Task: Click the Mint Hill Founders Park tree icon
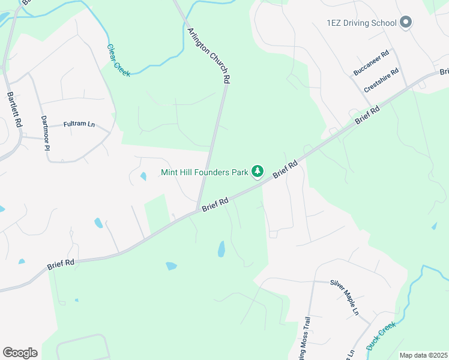pyautogui.click(x=258, y=172)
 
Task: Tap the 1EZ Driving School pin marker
pyautogui.click(x=405, y=23)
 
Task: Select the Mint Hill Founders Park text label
pyautogui.click(x=205, y=172)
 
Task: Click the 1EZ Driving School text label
pyautogui.click(x=361, y=23)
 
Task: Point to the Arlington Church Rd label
pyautogui.click(x=209, y=55)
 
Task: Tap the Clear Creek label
pyautogui.click(x=118, y=60)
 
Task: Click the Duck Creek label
pyautogui.click(x=381, y=336)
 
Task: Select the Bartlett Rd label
pyautogui.click(x=14, y=109)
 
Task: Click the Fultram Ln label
pyautogui.click(x=79, y=125)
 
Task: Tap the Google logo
pyautogui.click(x=20, y=352)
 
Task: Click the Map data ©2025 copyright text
pyautogui.click(x=424, y=355)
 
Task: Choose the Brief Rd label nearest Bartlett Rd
pyautogui.click(x=61, y=263)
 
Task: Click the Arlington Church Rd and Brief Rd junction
pyautogui.click(x=198, y=209)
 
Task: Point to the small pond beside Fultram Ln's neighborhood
pyautogui.click(x=143, y=176)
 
